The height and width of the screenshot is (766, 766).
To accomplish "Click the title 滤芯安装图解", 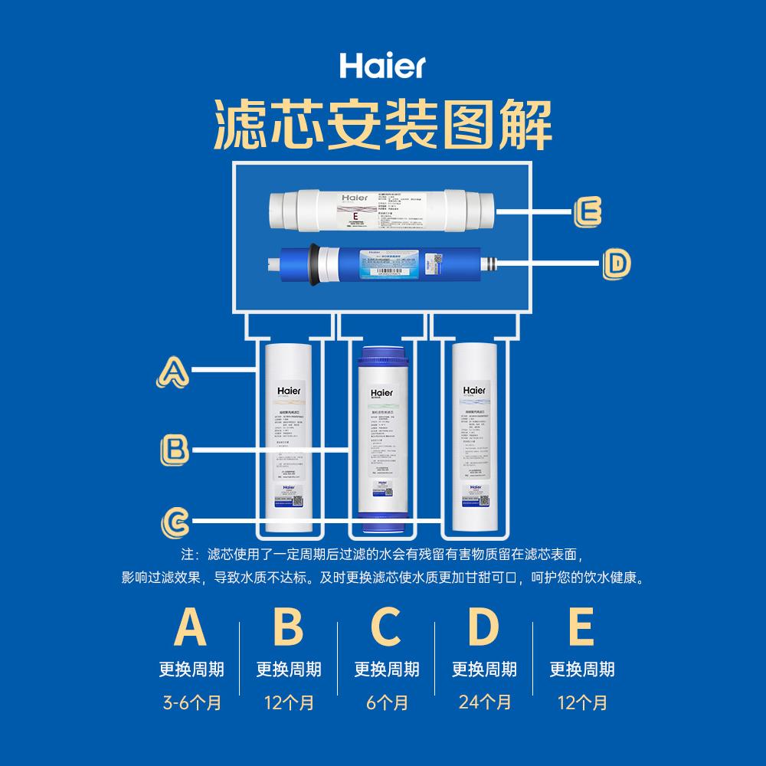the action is click(x=382, y=126).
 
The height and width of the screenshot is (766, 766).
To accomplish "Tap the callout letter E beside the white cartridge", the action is click(x=587, y=212).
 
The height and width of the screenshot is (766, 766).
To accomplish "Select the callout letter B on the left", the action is click(x=175, y=448).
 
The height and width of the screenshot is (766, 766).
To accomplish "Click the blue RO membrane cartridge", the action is click(x=383, y=265).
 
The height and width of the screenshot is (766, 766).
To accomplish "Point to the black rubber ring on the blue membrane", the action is click(x=313, y=265).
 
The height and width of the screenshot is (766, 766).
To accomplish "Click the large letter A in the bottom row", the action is click(x=191, y=627).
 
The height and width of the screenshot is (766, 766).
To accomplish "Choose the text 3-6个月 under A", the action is click(x=191, y=702).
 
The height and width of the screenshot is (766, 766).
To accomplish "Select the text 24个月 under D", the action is click(x=484, y=702).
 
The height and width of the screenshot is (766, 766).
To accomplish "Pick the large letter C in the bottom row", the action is click(x=386, y=627).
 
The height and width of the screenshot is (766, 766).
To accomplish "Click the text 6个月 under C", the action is click(x=386, y=702).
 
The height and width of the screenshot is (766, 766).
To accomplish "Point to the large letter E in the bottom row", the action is click(x=581, y=627).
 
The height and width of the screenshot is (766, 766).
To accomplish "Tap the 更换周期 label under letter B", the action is click(x=289, y=669).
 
